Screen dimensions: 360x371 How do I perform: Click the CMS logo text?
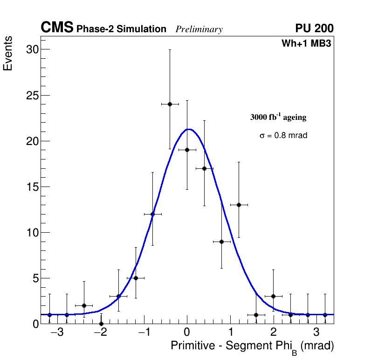(x=57, y=28)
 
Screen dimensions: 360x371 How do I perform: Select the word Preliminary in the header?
(x=199, y=29)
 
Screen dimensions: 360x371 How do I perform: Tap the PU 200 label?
(x=314, y=28)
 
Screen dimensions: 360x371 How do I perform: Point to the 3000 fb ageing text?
(x=278, y=117)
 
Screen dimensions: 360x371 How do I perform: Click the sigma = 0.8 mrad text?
(x=283, y=136)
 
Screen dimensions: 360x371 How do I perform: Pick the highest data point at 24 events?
(x=170, y=104)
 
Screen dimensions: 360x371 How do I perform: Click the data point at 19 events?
(x=187, y=150)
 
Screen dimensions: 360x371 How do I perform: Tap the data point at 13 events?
(x=239, y=205)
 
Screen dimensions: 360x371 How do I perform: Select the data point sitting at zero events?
(x=101, y=323)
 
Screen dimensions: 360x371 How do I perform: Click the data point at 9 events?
(x=221, y=242)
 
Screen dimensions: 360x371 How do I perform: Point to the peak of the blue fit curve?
(x=188, y=129)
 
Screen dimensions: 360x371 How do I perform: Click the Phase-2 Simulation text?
(x=121, y=29)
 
